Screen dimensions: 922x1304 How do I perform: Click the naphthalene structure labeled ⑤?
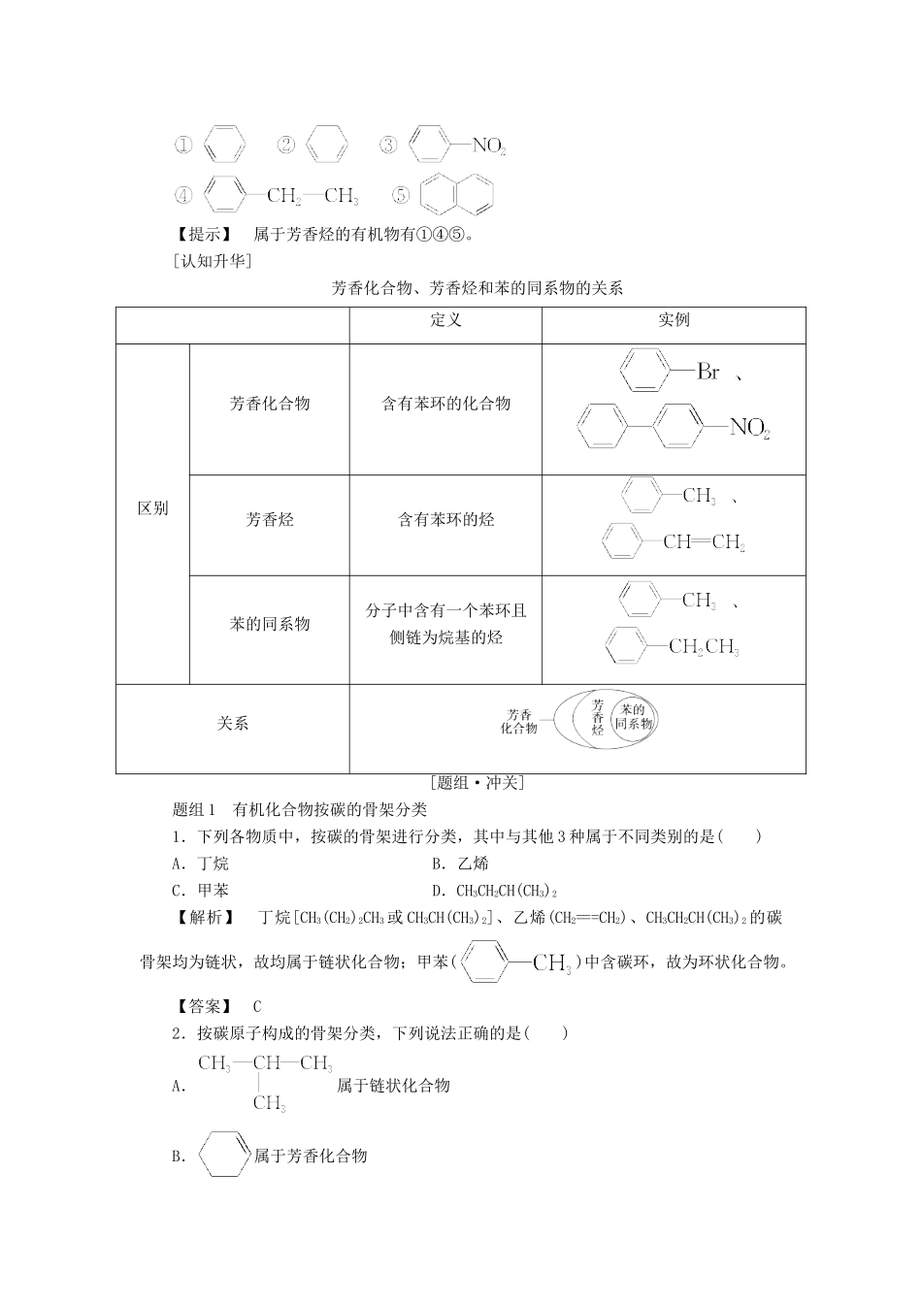[x=457, y=195]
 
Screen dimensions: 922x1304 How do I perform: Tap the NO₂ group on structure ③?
[x=488, y=147]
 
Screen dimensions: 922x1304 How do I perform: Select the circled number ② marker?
[x=286, y=146]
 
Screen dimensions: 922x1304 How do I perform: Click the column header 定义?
[x=445, y=321]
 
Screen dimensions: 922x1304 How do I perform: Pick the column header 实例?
[x=674, y=321]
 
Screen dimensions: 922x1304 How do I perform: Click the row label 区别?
[x=152, y=508]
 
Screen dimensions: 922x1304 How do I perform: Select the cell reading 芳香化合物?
[x=270, y=404]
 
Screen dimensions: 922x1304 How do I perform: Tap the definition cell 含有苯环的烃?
[x=445, y=520]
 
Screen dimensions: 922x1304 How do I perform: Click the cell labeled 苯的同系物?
[x=270, y=624]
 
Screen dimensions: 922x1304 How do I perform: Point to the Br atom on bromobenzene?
[x=708, y=372]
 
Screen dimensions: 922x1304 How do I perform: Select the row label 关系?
[x=233, y=724]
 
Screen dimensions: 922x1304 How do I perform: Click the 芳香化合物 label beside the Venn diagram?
[x=519, y=722]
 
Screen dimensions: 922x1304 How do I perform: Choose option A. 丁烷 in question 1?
[x=200, y=864]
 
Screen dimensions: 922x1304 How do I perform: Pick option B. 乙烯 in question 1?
[x=460, y=864]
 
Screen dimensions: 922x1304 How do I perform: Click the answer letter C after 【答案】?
[x=256, y=1007]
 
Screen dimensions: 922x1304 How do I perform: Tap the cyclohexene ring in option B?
[x=223, y=1155]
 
